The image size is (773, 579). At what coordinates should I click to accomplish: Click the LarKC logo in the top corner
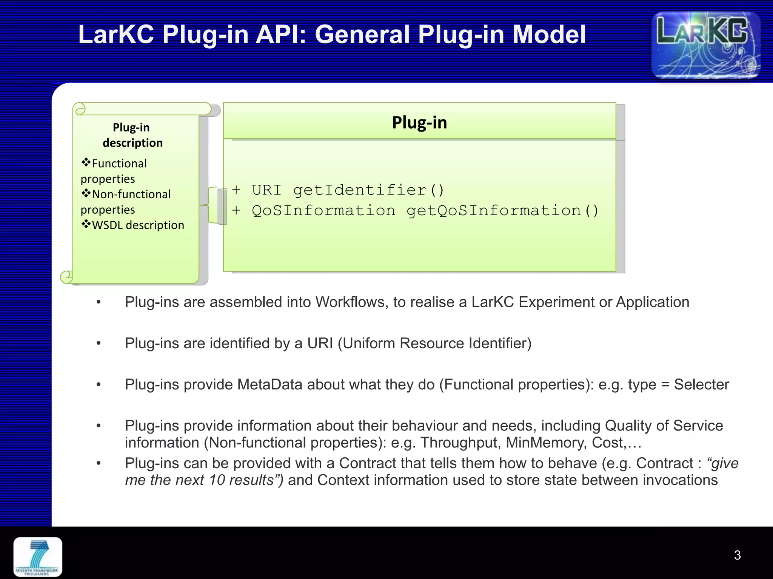pos(705,45)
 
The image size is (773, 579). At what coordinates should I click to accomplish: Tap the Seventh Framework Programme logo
pos(38,557)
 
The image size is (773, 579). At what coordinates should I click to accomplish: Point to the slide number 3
pos(737,555)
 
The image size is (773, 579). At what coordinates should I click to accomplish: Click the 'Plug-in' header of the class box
pos(419,123)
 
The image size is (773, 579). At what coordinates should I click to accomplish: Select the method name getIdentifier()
pos(369,190)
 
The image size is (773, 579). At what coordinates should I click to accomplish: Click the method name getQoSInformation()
pos(502,211)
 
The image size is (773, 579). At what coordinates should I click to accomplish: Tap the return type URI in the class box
pos(266,190)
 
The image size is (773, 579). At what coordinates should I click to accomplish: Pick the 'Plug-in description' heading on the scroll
pos(132,135)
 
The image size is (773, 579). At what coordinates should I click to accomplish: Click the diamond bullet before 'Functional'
pos(86,163)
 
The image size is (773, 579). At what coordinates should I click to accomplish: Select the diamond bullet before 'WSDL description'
pos(86,225)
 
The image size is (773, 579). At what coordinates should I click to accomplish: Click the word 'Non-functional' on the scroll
pos(131,194)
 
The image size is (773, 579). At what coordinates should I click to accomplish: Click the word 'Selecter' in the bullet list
pos(701,384)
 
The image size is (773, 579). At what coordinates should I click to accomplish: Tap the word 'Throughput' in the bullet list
pos(460,443)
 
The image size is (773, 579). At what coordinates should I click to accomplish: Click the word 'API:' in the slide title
pos(281,35)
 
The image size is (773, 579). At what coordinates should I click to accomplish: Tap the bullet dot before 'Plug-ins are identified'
pos(99,343)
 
